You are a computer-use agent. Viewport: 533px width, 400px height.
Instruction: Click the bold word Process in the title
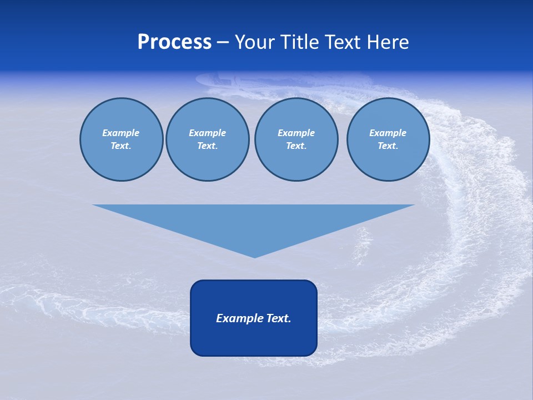[x=174, y=42]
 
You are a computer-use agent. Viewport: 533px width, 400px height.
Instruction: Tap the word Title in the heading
[x=298, y=42]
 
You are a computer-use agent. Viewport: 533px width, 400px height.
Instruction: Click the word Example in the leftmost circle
[x=121, y=133]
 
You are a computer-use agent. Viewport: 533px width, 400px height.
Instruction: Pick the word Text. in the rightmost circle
[x=388, y=146]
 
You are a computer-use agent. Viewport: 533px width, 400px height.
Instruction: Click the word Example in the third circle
[x=296, y=133]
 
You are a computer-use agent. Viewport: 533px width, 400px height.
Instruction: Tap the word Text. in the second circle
[x=208, y=146]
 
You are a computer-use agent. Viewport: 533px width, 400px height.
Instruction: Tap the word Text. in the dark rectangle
[x=278, y=318]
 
